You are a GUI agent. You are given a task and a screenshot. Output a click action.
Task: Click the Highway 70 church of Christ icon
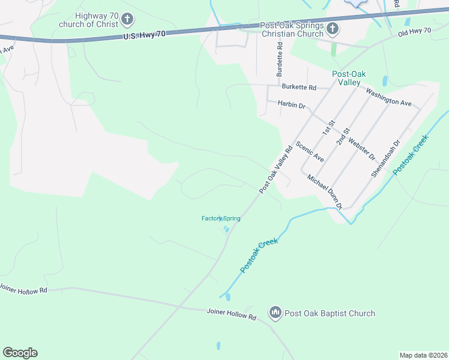point(127,20)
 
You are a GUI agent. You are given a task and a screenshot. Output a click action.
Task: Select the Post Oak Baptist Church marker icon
point(275,313)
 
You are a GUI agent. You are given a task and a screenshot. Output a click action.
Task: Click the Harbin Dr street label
point(292,104)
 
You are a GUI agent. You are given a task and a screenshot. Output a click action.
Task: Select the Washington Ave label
point(388,97)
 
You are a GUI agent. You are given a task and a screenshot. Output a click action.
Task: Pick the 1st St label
point(327,127)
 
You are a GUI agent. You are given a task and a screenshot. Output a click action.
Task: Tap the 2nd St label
point(343,136)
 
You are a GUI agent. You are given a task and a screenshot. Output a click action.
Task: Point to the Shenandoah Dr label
point(384,159)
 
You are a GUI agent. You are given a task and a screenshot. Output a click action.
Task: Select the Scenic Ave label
point(310,152)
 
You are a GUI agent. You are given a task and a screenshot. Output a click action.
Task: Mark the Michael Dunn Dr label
point(324,191)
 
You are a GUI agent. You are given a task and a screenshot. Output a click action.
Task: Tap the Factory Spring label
point(221,218)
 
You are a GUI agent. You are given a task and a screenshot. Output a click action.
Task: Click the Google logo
point(20,353)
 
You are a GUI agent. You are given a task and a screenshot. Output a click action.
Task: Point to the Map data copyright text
point(423,355)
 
